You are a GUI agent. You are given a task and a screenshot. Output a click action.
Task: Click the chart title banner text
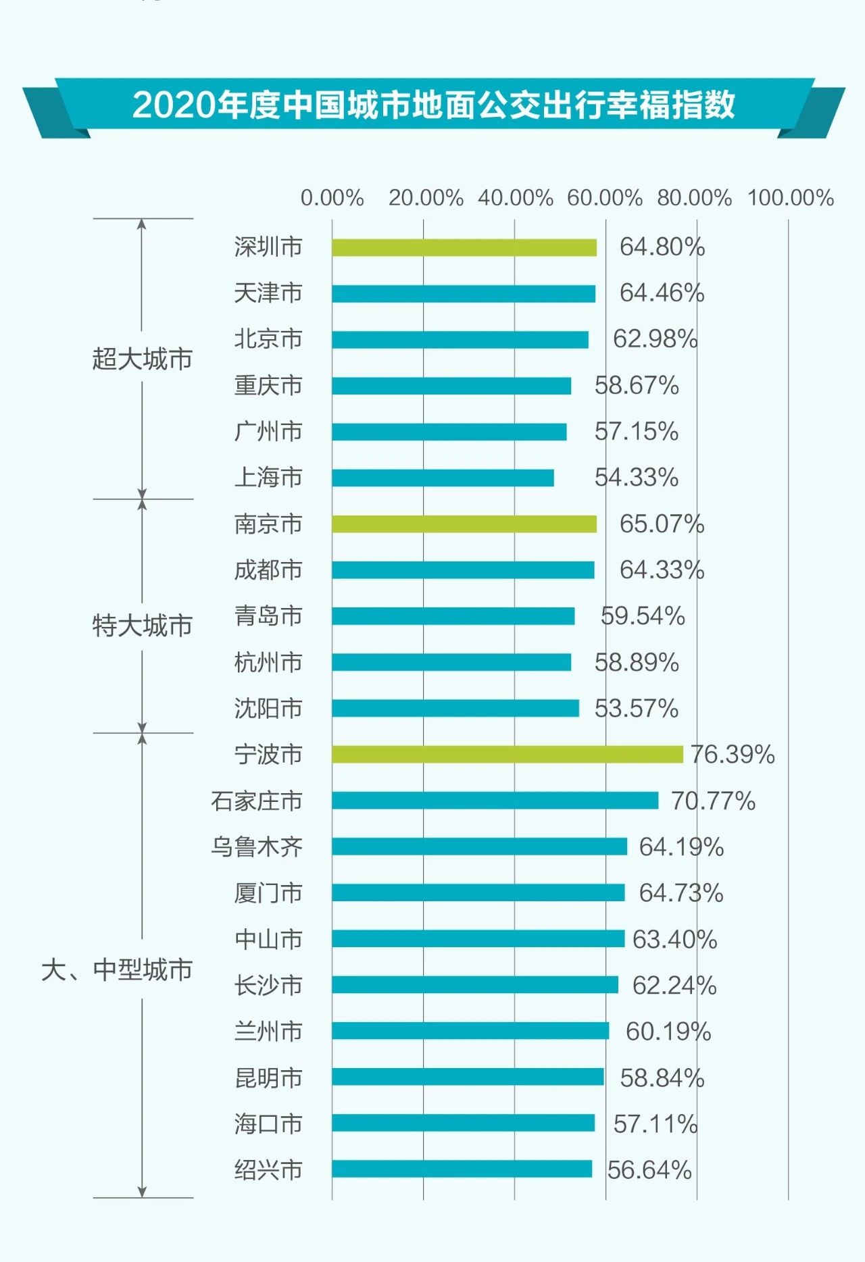(433, 105)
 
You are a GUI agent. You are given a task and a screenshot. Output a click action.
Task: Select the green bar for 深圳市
(464, 247)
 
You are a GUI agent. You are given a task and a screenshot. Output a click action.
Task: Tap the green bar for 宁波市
(507, 754)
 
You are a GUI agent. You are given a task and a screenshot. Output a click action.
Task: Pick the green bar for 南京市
(464, 524)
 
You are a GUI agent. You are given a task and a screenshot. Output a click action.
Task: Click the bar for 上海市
(443, 478)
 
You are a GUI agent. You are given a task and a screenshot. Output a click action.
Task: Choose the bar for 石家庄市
(495, 801)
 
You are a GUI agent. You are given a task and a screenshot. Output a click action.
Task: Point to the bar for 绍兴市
(462, 1169)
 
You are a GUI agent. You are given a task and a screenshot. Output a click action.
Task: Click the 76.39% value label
(733, 754)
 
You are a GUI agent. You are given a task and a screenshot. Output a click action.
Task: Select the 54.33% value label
(636, 478)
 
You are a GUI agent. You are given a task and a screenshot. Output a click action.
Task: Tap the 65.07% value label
(662, 524)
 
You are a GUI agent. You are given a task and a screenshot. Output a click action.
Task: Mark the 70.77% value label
(713, 801)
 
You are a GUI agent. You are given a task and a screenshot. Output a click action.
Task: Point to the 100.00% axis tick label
(790, 198)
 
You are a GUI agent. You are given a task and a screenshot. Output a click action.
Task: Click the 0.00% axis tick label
(332, 198)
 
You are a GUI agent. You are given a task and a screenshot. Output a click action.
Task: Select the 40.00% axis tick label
(515, 198)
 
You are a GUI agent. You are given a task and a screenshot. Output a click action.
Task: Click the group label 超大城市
(143, 359)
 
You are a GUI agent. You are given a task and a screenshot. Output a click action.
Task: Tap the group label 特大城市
(143, 626)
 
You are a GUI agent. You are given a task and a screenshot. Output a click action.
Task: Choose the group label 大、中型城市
(117, 970)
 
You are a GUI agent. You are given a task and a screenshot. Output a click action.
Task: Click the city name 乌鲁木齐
(257, 847)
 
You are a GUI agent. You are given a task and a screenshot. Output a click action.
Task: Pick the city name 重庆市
(268, 386)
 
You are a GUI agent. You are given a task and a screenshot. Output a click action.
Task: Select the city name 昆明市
(268, 1077)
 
